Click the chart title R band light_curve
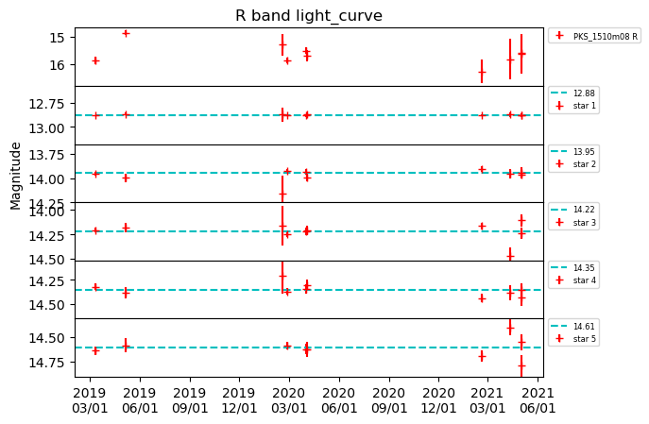click(308, 15)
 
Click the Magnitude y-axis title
click(16, 176)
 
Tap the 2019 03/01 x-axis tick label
click(89, 400)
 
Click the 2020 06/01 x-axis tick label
click(338, 400)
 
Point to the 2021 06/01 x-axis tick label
click(538, 400)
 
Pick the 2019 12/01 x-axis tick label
click(239, 400)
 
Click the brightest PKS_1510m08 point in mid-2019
click(126, 33)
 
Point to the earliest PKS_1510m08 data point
click(95, 60)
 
